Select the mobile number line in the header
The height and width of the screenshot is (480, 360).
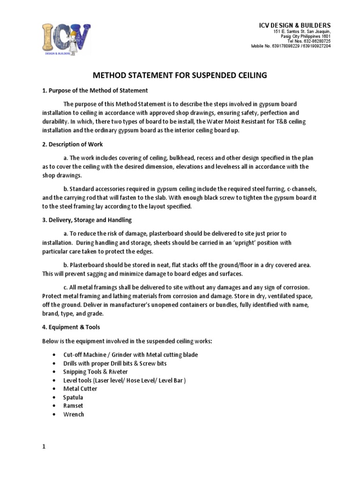[x=291, y=46]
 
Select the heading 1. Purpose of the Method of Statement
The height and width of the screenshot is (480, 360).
[x=95, y=90]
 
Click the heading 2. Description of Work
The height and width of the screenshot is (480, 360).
[x=73, y=144]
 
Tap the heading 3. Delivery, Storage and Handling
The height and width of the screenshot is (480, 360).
[x=87, y=220]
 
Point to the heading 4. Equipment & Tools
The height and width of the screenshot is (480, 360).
[x=71, y=327]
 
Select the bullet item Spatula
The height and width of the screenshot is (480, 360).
[x=74, y=397]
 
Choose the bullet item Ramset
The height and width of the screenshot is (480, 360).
[x=73, y=406]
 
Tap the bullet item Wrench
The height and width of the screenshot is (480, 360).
[x=74, y=414]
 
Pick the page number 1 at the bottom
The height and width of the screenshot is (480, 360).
[x=44, y=447]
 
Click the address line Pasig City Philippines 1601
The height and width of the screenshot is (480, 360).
[x=305, y=36]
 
